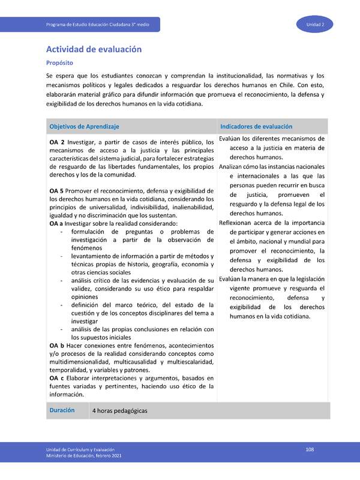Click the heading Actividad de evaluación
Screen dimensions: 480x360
click(x=94, y=49)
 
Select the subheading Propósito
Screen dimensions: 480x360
click(x=61, y=62)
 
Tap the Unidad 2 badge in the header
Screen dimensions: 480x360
click(x=316, y=24)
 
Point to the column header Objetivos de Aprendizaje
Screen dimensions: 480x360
click(x=85, y=127)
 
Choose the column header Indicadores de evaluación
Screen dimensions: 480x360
click(x=256, y=127)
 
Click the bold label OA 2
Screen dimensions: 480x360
click(x=57, y=142)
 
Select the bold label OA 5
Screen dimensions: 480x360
click(x=57, y=191)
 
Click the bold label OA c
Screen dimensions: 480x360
click(x=56, y=378)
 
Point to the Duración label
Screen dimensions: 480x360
click(x=62, y=410)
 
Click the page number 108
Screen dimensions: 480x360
click(x=310, y=449)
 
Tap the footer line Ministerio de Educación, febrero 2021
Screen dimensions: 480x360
click(x=84, y=457)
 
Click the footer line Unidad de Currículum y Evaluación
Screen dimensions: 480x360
click(x=81, y=450)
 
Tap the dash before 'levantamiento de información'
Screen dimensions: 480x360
click(x=63, y=256)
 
